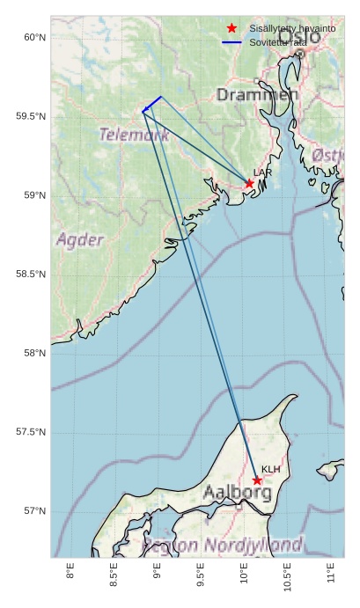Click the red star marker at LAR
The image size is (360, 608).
point(249,183)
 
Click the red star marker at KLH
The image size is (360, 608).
point(257,480)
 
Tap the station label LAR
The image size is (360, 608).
point(261,172)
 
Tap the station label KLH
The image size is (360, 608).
point(270,469)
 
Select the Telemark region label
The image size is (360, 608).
point(134,135)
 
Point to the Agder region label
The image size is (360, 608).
point(80,239)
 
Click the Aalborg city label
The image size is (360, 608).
point(237,493)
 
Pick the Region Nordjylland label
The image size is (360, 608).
point(223,545)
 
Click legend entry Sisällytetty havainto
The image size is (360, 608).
point(292,29)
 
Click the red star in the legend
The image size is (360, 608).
point(231,29)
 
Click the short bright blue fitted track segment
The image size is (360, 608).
point(151,104)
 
